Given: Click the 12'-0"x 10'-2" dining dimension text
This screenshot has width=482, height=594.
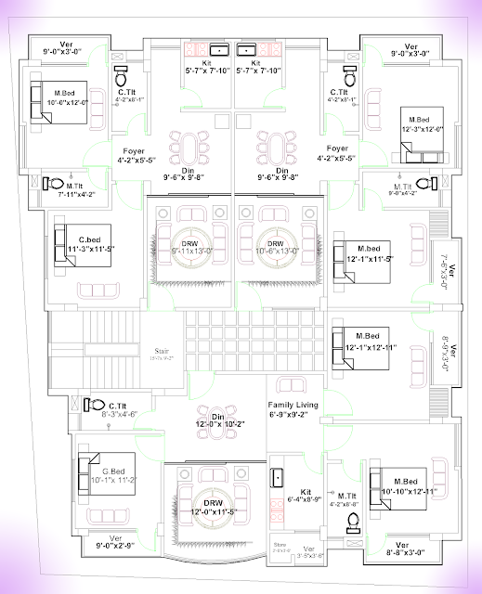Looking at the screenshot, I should point(215,425).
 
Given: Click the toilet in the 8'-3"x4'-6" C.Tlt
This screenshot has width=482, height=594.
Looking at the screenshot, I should point(93,405).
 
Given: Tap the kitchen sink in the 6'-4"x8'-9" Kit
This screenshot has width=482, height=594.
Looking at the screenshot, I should point(277,477).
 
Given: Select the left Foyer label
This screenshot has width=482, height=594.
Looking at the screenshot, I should point(133,149).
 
